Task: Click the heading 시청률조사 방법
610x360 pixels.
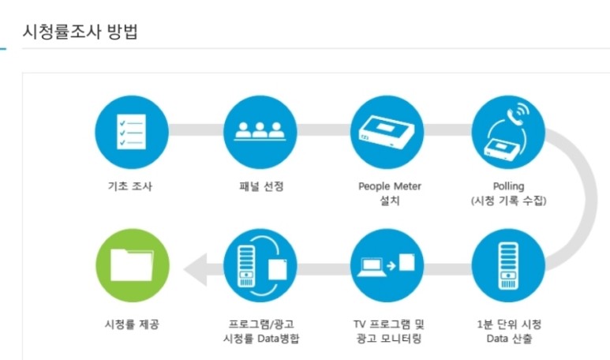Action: (81, 33)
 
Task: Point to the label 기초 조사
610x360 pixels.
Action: (132, 187)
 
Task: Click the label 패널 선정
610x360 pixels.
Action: (260, 187)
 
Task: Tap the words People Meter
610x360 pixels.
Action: (390, 186)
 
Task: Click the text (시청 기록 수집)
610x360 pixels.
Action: (508, 201)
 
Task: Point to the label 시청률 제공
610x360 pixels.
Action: (131, 324)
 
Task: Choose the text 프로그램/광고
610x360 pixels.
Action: (260, 324)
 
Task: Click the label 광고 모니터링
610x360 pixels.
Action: (388, 339)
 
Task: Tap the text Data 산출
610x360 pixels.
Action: (509, 339)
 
